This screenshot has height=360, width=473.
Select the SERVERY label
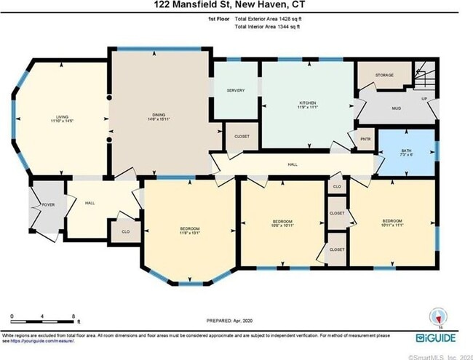click(x=235, y=90)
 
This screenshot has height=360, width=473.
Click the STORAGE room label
click(x=383, y=75)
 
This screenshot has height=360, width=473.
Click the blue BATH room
click(x=405, y=153)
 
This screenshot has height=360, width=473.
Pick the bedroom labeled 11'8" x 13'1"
click(x=189, y=232)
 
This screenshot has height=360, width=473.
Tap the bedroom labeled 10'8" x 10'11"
click(x=282, y=223)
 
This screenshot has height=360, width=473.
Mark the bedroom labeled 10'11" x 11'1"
click(x=391, y=223)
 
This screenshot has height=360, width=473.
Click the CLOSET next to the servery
click(x=241, y=137)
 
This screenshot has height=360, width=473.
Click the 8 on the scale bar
click(x=73, y=316)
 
